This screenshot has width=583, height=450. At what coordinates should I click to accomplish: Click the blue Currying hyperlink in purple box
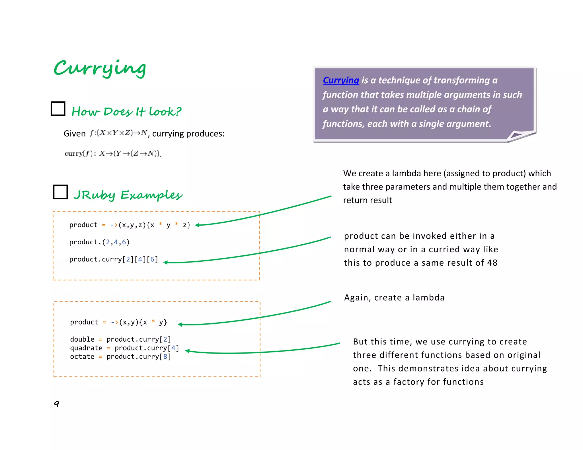[x=341, y=80]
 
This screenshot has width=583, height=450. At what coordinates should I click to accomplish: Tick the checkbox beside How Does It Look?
[x=58, y=109]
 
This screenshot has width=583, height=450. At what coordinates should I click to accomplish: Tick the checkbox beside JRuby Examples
[x=60, y=192]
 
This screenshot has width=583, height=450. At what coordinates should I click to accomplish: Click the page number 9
[x=57, y=404]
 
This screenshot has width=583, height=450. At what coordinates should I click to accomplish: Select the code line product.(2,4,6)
[x=99, y=242]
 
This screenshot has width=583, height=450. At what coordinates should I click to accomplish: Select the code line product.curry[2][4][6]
[x=114, y=259]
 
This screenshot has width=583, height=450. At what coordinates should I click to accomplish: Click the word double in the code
[x=82, y=339]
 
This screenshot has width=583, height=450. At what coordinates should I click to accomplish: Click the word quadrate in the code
[x=86, y=348]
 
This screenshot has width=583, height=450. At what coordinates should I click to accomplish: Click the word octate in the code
[x=82, y=356]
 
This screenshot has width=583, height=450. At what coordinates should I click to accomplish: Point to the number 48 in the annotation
[x=492, y=263]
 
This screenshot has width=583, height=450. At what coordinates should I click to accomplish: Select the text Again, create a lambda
[x=394, y=298]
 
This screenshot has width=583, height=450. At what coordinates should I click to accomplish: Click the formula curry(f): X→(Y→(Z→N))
[x=113, y=154]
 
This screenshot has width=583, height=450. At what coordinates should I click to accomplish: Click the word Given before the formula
[x=74, y=133]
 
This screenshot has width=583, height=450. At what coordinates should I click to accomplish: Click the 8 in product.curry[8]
[x=165, y=356]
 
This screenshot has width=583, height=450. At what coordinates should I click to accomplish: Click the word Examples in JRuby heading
[x=151, y=195]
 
